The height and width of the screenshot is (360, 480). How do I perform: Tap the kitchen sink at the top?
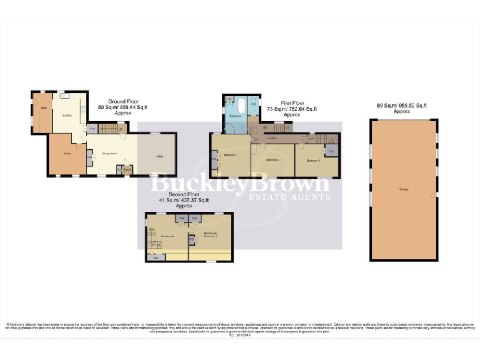[x=64, y=96]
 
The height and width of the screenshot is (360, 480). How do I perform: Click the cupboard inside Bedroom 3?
[x=332, y=151]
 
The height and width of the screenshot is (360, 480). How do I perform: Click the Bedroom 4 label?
[x=166, y=236]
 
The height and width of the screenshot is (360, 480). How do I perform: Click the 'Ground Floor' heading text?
[x=124, y=101]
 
